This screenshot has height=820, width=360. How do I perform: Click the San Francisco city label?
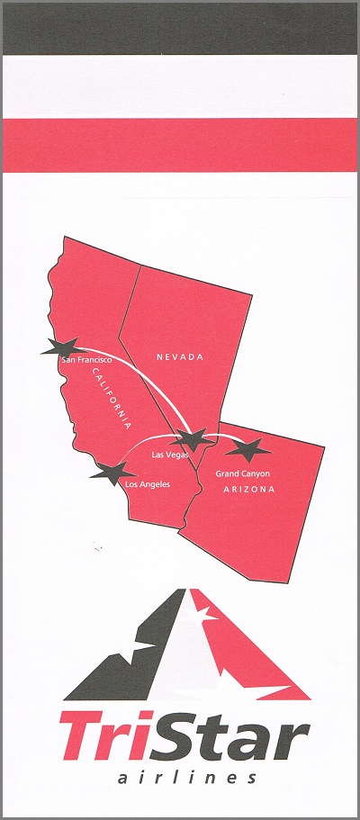tap(85, 360)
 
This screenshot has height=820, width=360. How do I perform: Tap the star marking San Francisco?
tap(61, 347)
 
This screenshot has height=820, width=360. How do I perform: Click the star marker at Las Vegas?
tap(193, 439)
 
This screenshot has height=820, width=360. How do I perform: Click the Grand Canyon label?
tap(243, 473)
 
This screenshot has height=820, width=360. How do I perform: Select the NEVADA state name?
tap(180, 357)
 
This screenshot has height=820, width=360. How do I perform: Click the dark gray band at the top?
tap(180, 28)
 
